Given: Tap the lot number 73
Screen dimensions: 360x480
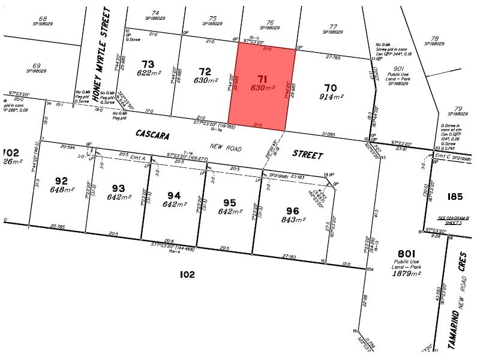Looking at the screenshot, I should tap(148, 64).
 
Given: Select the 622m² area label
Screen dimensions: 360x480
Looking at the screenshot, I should tap(148, 73).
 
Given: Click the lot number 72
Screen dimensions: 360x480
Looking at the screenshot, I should tap(205, 71).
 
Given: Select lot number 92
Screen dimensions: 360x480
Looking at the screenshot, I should tap(61, 180).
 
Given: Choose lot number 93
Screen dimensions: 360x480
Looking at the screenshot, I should tap(118, 188).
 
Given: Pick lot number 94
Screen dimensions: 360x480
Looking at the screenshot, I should tap(173, 195).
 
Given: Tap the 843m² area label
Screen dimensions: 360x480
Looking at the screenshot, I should tap(292, 220).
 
